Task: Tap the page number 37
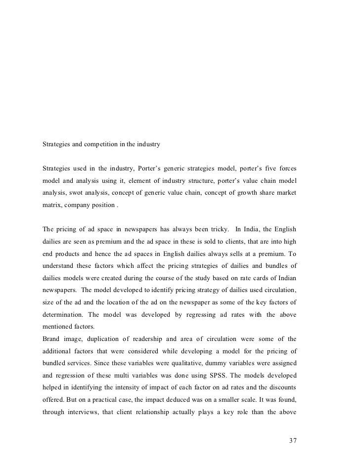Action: coord(292,440)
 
